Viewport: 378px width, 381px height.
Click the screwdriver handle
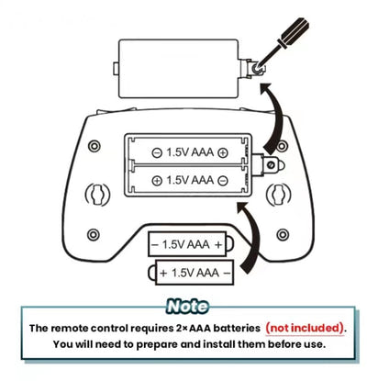(293, 33)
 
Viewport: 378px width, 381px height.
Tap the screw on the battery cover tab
(256, 70)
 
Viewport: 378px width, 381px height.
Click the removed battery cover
(179, 69)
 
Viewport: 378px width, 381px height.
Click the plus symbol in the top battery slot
(223, 152)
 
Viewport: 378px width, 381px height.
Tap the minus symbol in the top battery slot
(157, 152)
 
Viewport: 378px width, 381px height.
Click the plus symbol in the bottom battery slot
(157, 180)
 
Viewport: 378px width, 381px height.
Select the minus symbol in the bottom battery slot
(223, 180)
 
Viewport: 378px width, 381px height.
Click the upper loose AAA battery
(191, 244)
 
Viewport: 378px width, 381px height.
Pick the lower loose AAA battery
(191, 273)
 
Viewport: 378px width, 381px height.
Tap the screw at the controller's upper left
(94, 146)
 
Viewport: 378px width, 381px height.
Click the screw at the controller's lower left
(94, 235)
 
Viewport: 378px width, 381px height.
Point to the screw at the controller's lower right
(283, 235)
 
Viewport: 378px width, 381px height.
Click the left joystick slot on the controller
(97, 195)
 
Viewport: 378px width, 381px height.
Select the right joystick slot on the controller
(278, 195)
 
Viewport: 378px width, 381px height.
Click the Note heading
(188, 307)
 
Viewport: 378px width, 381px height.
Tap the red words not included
(305, 328)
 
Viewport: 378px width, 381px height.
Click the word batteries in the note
(237, 328)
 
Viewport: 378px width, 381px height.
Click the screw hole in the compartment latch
(271, 165)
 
